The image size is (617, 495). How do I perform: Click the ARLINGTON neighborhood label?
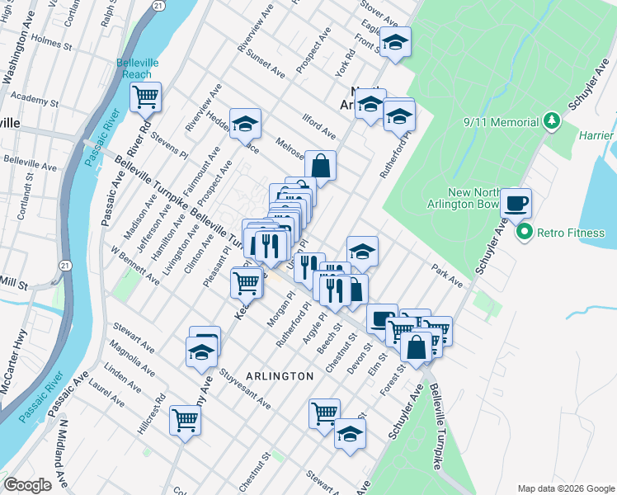pyautogui.click(x=279, y=376)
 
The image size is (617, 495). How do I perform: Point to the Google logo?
pyautogui.click(x=27, y=485)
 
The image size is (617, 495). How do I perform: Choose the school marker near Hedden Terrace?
pyautogui.click(x=245, y=123)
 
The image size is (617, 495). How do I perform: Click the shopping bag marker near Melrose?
pyautogui.click(x=320, y=164)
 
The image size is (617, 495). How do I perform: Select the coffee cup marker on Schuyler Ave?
pyautogui.click(x=516, y=202)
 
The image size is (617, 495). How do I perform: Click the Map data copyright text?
pyautogui.click(x=565, y=487)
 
